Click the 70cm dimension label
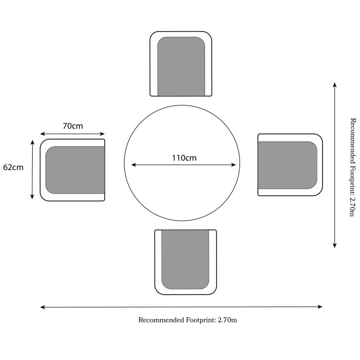coord(73,126)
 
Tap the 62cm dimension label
coord(13,167)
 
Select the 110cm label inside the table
coord(184,158)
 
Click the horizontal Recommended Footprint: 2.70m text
coord(188,320)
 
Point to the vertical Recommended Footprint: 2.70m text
coord(353,168)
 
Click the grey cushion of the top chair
coord(181,67)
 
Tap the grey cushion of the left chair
coord(75,170)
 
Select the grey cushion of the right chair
coord(288,165)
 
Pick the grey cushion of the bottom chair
coord(185,259)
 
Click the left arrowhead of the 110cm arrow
coord(133,165)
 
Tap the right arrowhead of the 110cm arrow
coord(233,165)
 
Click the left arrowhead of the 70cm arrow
coord(43,134)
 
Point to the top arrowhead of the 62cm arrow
coord(32,143)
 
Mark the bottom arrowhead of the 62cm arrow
coord(32,196)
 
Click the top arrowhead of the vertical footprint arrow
coord(335,85)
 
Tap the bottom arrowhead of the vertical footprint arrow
coord(335,245)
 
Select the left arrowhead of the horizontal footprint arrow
coord(43,307)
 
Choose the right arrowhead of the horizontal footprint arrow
coord(320,307)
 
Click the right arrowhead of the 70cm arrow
coord(102,134)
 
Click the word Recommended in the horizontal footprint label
coord(161,320)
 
